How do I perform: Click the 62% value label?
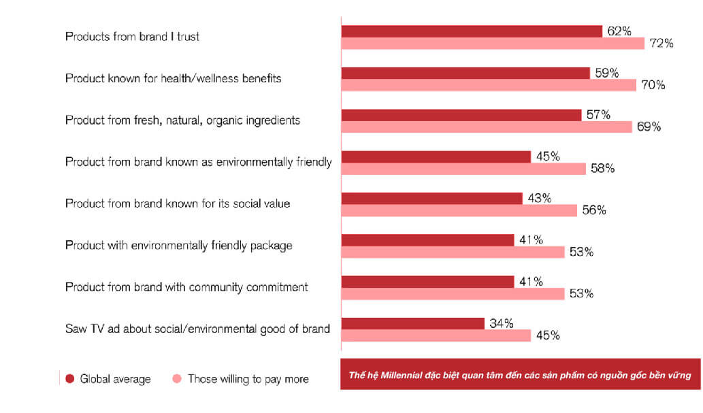(x=619, y=31)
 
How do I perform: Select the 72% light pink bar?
(x=492, y=44)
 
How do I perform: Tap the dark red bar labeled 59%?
(x=465, y=73)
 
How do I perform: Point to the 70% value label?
(x=652, y=86)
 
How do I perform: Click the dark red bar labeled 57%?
(x=461, y=115)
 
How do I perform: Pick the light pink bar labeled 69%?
(x=485, y=127)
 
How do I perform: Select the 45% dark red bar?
(x=436, y=156)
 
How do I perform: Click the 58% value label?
(x=602, y=169)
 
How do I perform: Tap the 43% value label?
(x=538, y=199)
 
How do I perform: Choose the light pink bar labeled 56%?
(x=459, y=210)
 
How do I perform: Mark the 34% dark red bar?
(x=412, y=323)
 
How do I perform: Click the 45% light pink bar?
(x=436, y=335)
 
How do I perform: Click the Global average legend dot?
(x=69, y=379)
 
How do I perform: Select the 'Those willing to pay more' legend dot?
(x=177, y=379)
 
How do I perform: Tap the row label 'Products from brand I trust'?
(x=132, y=37)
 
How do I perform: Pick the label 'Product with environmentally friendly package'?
(x=178, y=245)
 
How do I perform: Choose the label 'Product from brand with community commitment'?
(x=186, y=287)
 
